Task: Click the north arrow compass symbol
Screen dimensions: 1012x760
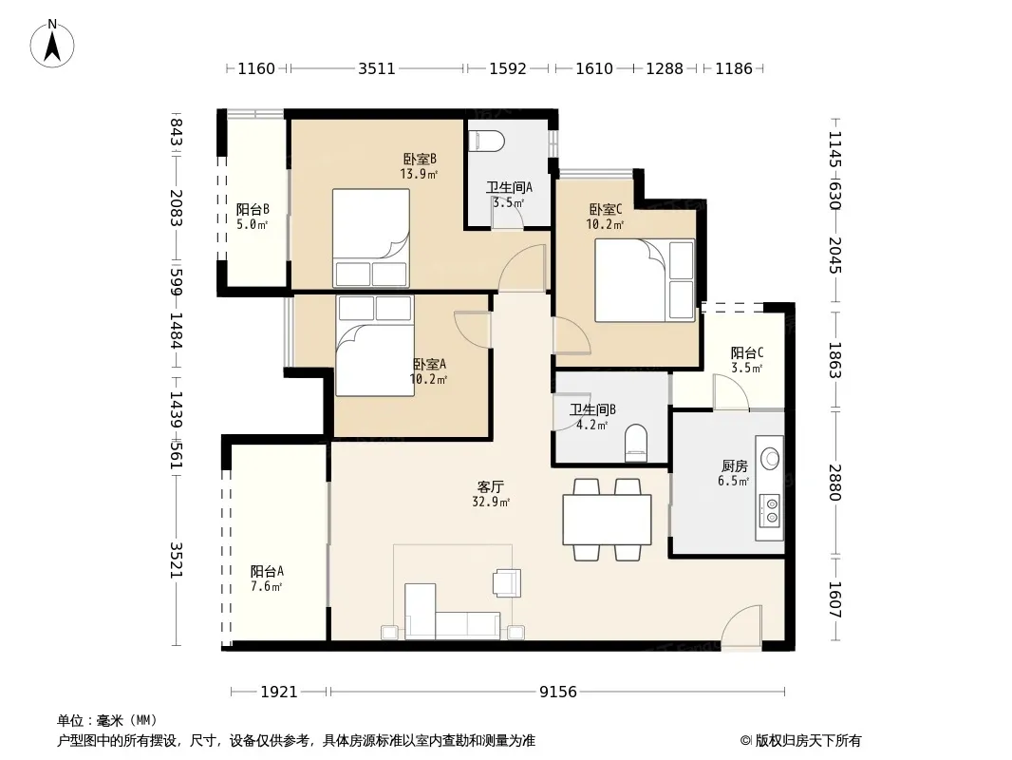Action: pyautogui.click(x=52, y=44)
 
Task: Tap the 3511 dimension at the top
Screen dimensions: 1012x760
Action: pyautogui.click(x=377, y=68)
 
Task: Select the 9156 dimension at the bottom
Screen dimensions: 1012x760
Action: pyautogui.click(x=558, y=693)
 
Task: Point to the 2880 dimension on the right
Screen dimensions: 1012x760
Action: pyautogui.click(x=834, y=483)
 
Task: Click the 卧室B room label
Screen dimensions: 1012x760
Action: pyautogui.click(x=420, y=159)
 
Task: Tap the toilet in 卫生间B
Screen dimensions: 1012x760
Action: pyautogui.click(x=636, y=443)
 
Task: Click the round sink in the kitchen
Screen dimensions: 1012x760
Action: pyautogui.click(x=770, y=459)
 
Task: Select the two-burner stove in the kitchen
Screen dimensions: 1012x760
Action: pyautogui.click(x=769, y=509)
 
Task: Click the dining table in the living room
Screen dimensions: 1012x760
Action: pyautogui.click(x=607, y=520)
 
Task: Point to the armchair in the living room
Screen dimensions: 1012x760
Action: pyautogui.click(x=507, y=582)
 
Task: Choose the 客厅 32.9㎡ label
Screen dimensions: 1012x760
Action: pyautogui.click(x=491, y=494)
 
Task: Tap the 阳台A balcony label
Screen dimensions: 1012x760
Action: pyautogui.click(x=267, y=572)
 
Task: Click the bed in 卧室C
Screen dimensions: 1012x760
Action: pyautogui.click(x=644, y=281)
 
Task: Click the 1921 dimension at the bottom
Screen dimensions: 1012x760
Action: pyautogui.click(x=279, y=693)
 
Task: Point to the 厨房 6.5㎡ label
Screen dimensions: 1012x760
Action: pyautogui.click(x=734, y=473)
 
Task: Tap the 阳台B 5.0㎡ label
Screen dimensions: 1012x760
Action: pyautogui.click(x=253, y=217)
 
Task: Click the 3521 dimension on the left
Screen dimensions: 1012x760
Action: pyautogui.click(x=177, y=560)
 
